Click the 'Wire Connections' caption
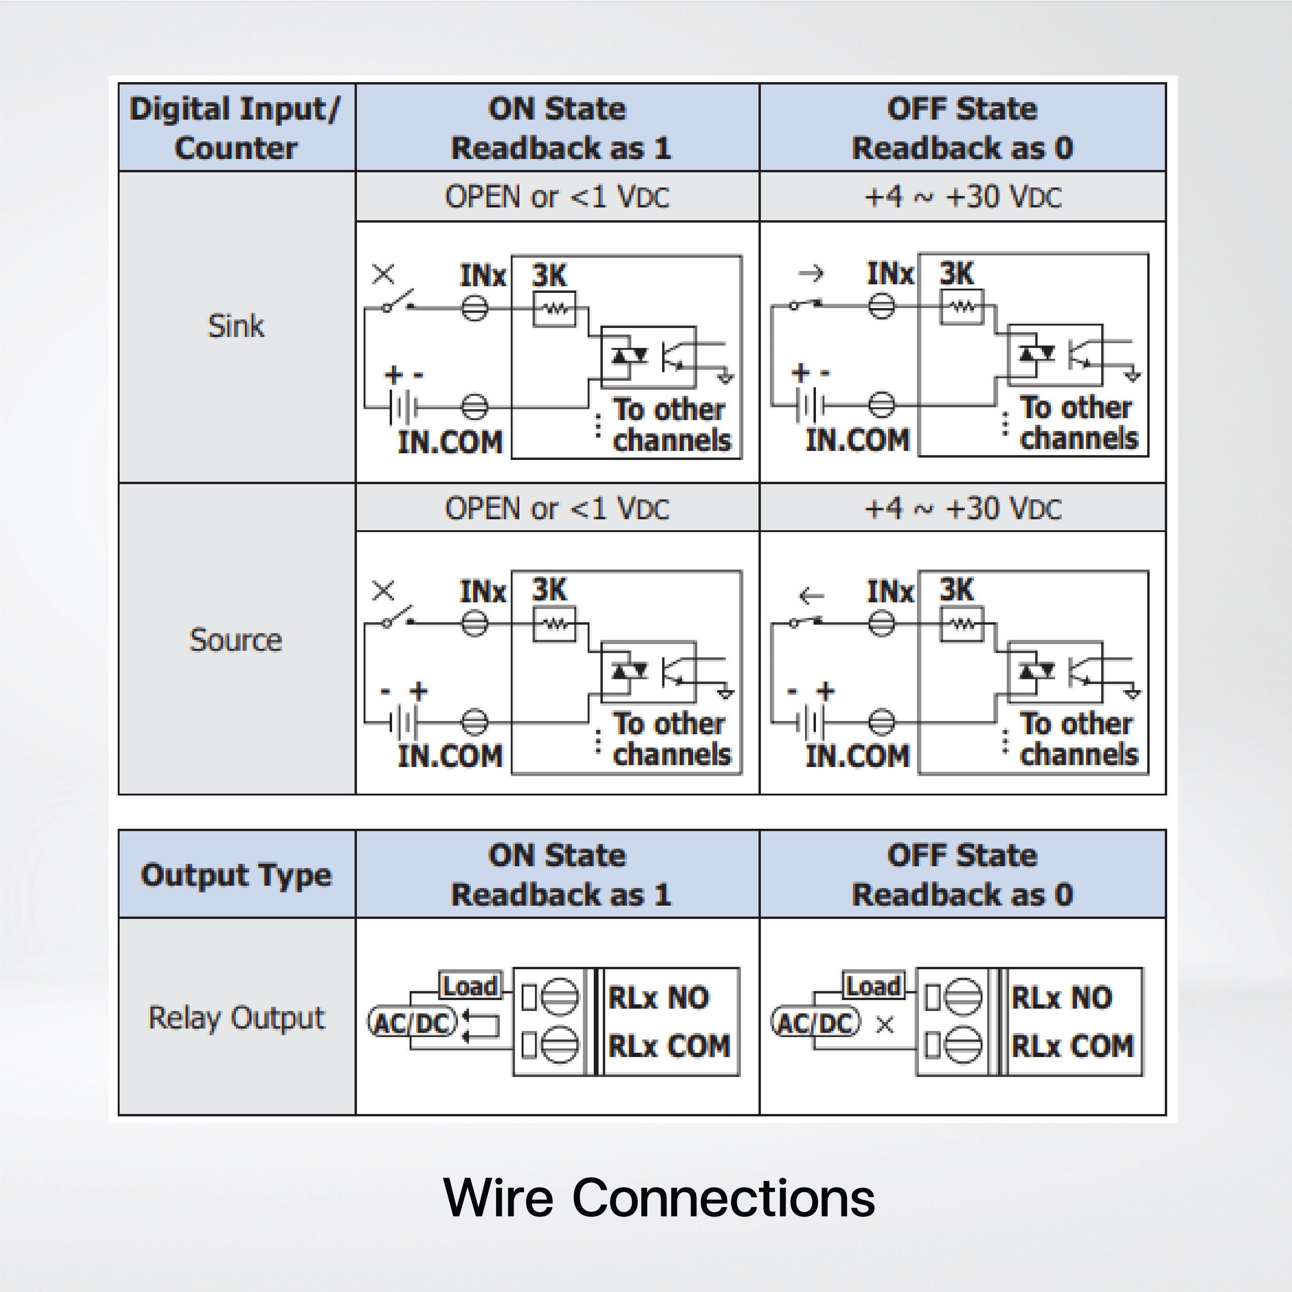tap(659, 1198)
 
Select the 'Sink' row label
tap(236, 327)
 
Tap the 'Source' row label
tap(236, 640)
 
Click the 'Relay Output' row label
tap(236, 1018)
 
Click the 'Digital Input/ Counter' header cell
tap(236, 128)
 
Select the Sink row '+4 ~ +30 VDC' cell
tap(962, 197)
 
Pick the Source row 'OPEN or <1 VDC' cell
tap(557, 508)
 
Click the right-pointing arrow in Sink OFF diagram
tap(811, 273)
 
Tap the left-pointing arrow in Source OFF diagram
tap(811, 595)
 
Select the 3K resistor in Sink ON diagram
tap(554, 309)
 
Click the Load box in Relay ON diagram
tap(470, 986)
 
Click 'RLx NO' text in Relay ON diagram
tap(658, 998)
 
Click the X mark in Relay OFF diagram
tap(885, 1024)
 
